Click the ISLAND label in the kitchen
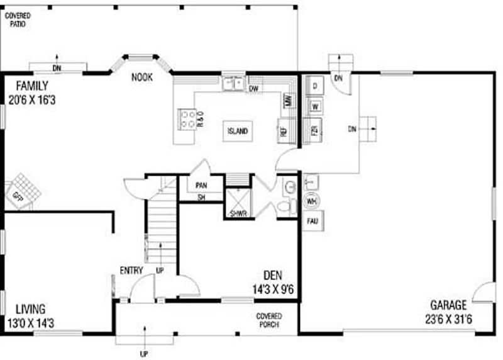pyautogui.click(x=238, y=132)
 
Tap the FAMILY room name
pyautogui.click(x=31, y=86)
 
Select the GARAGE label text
pyautogui.click(x=448, y=305)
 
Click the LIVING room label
pyautogui.click(x=30, y=309)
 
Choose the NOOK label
pyautogui.click(x=141, y=78)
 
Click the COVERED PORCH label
pyautogui.click(x=268, y=320)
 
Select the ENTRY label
pyautogui.click(x=131, y=271)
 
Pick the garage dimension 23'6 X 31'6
pyautogui.click(x=448, y=319)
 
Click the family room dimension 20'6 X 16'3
pyautogui.click(x=33, y=99)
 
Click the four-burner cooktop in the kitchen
pyautogui.click(x=187, y=119)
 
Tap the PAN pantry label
pyautogui.click(x=201, y=186)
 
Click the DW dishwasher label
pyautogui.click(x=254, y=89)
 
